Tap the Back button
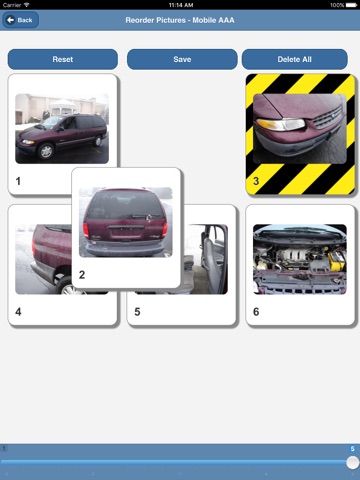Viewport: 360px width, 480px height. tap(21, 20)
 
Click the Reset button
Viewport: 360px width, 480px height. tap(63, 59)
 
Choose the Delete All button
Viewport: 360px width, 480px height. tap(295, 59)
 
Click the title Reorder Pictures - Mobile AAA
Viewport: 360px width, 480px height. tap(180, 20)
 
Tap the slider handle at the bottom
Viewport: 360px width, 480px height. tap(352, 462)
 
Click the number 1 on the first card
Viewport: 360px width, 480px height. tap(18, 181)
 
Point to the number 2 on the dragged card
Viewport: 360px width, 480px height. tap(82, 275)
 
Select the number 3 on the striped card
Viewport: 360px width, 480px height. tap(256, 181)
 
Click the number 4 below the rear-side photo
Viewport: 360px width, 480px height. tap(18, 312)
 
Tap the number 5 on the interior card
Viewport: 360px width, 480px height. tap(137, 312)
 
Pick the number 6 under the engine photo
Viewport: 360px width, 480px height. tap(256, 312)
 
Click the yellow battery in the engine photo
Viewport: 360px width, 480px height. tap(336, 261)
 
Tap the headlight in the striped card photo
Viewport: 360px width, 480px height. tap(281, 124)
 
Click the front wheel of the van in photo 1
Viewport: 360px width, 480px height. tap(46, 152)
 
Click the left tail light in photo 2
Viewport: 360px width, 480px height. tap(86, 230)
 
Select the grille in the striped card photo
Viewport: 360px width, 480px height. tap(328, 118)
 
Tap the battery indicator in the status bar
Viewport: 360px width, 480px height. tap(351, 5)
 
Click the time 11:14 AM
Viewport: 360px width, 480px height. tap(181, 5)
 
